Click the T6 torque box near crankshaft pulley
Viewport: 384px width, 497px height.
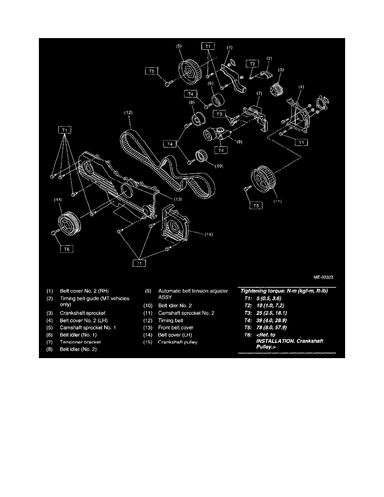(x=67, y=248)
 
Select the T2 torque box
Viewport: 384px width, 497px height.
(x=252, y=64)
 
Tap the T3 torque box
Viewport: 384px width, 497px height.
(x=220, y=114)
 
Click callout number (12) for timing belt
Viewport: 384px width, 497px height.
(x=128, y=113)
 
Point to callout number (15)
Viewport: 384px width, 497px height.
(x=58, y=200)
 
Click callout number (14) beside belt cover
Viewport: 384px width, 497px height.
(x=209, y=235)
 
